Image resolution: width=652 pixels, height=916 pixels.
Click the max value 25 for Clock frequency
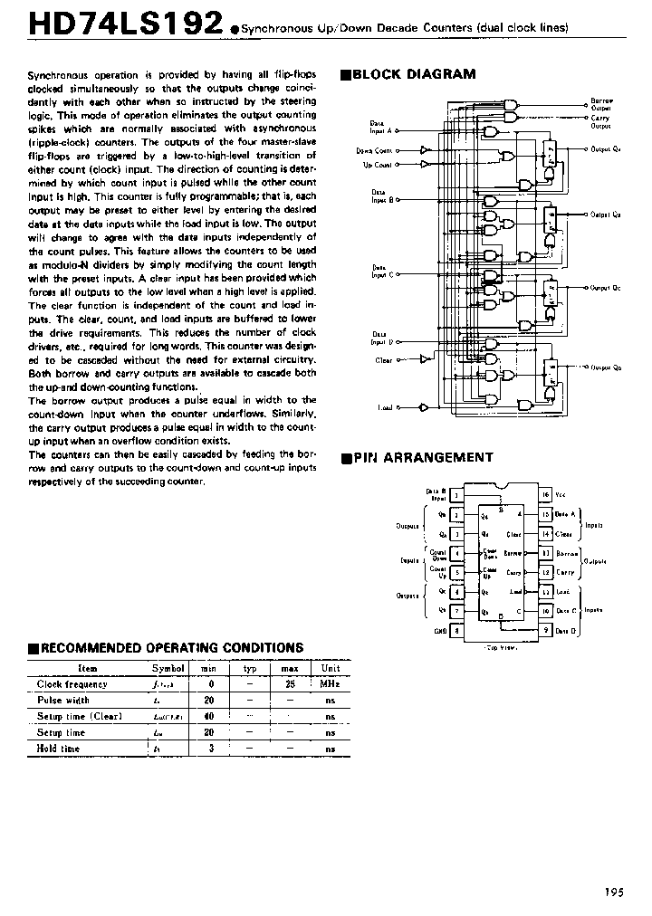(290, 684)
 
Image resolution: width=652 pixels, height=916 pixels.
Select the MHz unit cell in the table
(330, 684)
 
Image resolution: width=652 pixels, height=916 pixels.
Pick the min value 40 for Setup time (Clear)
(208, 716)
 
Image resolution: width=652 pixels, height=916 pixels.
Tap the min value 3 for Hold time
(208, 749)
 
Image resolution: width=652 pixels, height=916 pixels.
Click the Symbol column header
(168, 668)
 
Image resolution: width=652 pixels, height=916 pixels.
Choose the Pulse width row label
(63, 700)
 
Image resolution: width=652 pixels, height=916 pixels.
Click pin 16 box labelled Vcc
(546, 495)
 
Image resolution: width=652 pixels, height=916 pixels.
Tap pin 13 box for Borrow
(546, 553)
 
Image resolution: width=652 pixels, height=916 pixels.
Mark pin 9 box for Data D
(546, 630)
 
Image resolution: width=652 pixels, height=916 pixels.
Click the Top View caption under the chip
(501, 648)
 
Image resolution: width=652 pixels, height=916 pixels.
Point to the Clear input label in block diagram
(384, 360)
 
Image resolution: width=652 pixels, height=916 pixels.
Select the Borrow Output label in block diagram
(601, 103)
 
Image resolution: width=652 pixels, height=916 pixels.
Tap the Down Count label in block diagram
(375, 150)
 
